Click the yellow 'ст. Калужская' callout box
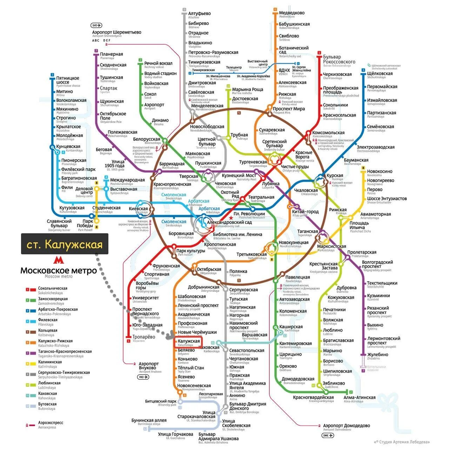(65, 244)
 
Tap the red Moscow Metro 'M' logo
(58, 260)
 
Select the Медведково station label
(291, 13)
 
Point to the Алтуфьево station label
(199, 14)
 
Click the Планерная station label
(112, 54)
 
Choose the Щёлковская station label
(380, 74)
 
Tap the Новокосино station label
(380, 172)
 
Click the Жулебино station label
(377, 355)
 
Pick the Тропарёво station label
(144, 337)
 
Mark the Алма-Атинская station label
(360, 398)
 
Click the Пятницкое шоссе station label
(68, 80)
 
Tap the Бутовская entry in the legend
(47, 404)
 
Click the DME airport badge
(328, 435)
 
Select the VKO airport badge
(143, 377)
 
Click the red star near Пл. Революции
(231, 218)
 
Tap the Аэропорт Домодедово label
(346, 426)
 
